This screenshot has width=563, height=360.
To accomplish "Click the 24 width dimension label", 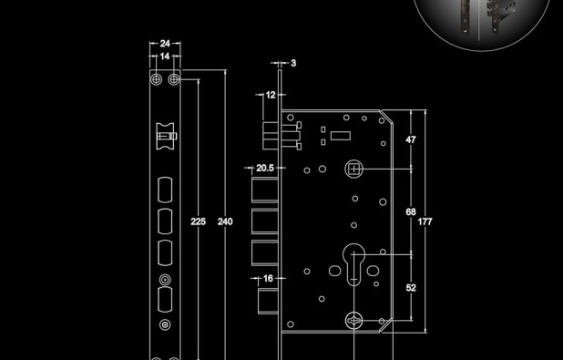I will pos(165,43).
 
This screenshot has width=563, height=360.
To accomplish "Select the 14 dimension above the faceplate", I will pos(165,57).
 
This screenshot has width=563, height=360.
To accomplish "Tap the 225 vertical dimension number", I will pos(198,221).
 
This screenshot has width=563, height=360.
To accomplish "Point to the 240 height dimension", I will pos(225,221).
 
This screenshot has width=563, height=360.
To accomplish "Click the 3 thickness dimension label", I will pos(293,63).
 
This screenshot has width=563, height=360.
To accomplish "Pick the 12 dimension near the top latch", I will pos(270,95).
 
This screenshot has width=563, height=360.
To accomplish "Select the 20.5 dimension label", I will pos(264,168).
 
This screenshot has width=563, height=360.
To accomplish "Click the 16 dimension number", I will pos(268,278).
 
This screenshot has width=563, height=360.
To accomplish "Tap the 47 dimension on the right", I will pos(411,139).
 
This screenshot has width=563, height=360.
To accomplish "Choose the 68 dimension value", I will pos(411,211).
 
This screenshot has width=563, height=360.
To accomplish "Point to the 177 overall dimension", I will pos(425,221).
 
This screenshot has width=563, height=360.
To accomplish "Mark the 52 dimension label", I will pos(411,287).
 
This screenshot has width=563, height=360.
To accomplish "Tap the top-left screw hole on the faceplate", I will pos(158,81).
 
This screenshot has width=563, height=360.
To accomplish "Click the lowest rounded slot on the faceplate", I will pos(165,300).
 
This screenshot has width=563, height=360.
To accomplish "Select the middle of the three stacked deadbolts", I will pos(264,220).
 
